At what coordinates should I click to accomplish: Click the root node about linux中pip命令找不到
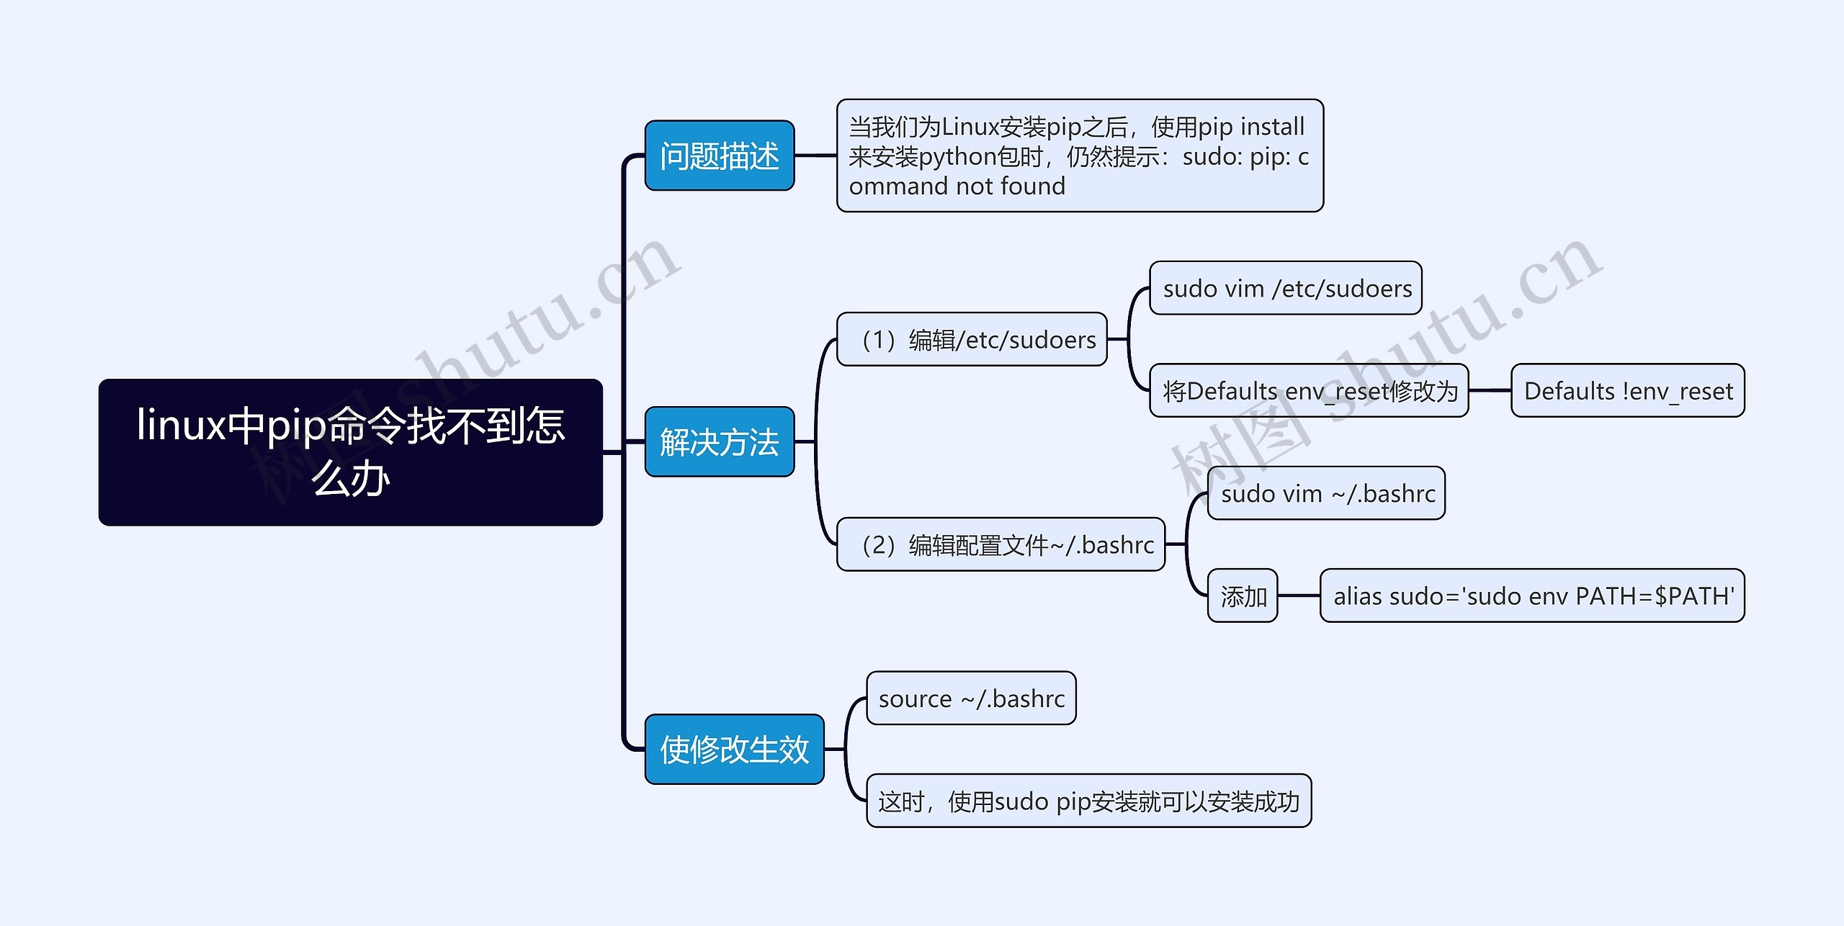click(350, 452)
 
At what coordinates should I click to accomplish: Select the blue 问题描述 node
click(719, 156)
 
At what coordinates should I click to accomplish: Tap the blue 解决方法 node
click(719, 441)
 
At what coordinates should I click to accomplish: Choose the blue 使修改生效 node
click(734, 749)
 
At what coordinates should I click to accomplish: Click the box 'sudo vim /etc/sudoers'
click(1286, 288)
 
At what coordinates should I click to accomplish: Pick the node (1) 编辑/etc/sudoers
click(972, 339)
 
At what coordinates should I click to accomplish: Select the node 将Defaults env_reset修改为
click(1309, 391)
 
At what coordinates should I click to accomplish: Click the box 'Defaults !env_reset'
click(1627, 391)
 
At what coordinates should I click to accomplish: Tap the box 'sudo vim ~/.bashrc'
click(1326, 493)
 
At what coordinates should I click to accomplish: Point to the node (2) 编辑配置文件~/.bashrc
click(1001, 544)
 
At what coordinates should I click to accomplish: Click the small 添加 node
click(1243, 596)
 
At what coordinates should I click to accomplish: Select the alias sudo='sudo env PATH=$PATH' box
click(1532, 596)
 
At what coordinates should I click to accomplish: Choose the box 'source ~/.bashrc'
click(971, 698)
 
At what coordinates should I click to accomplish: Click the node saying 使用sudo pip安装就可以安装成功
click(1088, 801)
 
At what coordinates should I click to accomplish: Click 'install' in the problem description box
click(1271, 127)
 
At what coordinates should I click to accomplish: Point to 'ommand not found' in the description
click(957, 186)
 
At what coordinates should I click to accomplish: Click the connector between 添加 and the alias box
click(1298, 595)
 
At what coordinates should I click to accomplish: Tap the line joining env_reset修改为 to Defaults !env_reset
click(1490, 390)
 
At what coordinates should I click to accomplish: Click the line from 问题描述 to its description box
click(815, 155)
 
